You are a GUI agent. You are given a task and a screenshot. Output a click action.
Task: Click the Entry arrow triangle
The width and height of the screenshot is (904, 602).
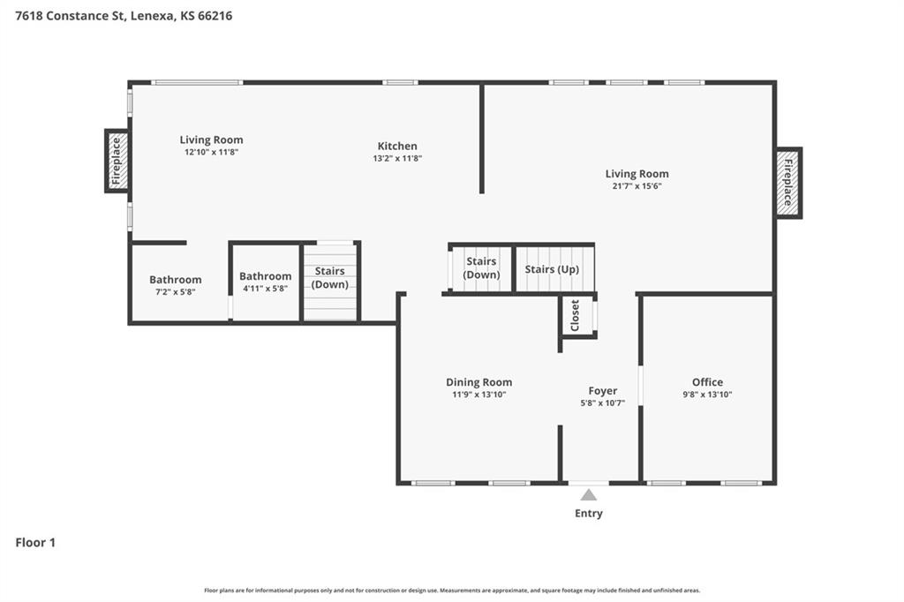tap(588, 495)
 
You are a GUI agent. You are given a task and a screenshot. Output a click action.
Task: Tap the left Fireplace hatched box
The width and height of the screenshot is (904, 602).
tap(117, 161)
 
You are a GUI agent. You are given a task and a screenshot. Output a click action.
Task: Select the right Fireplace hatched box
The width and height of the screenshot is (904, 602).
tap(788, 183)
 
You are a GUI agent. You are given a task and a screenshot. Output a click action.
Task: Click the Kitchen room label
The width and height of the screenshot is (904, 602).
tap(397, 147)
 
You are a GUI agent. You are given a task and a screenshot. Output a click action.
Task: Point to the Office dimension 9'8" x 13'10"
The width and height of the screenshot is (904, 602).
tap(707, 395)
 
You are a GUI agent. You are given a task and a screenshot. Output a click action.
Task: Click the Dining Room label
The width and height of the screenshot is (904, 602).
tap(478, 382)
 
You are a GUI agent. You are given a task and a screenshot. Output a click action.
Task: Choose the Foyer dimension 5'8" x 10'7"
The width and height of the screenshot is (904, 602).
tap(603, 403)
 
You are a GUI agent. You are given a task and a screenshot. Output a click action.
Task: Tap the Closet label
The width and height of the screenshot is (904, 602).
tap(575, 315)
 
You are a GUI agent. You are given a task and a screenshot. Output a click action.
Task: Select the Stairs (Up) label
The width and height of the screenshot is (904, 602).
tap(552, 269)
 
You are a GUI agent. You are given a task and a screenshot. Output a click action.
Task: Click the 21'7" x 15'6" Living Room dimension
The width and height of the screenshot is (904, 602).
tap(637, 186)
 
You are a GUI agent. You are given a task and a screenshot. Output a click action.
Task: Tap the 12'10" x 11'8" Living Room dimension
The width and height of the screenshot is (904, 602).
tap(211, 152)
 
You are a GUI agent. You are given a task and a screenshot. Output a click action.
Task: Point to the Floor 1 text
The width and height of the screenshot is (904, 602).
tap(35, 543)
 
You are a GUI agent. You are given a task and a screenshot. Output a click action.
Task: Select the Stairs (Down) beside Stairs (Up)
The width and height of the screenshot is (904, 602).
tap(482, 268)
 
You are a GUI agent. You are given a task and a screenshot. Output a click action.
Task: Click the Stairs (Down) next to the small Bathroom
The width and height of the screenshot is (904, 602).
tap(329, 277)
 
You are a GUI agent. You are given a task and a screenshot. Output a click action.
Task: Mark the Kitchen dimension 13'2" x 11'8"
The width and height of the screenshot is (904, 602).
tap(397, 159)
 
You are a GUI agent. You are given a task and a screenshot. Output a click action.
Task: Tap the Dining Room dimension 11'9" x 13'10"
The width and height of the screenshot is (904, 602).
tap(478, 395)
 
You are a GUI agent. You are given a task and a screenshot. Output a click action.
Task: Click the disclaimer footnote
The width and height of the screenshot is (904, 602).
tap(452, 591)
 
